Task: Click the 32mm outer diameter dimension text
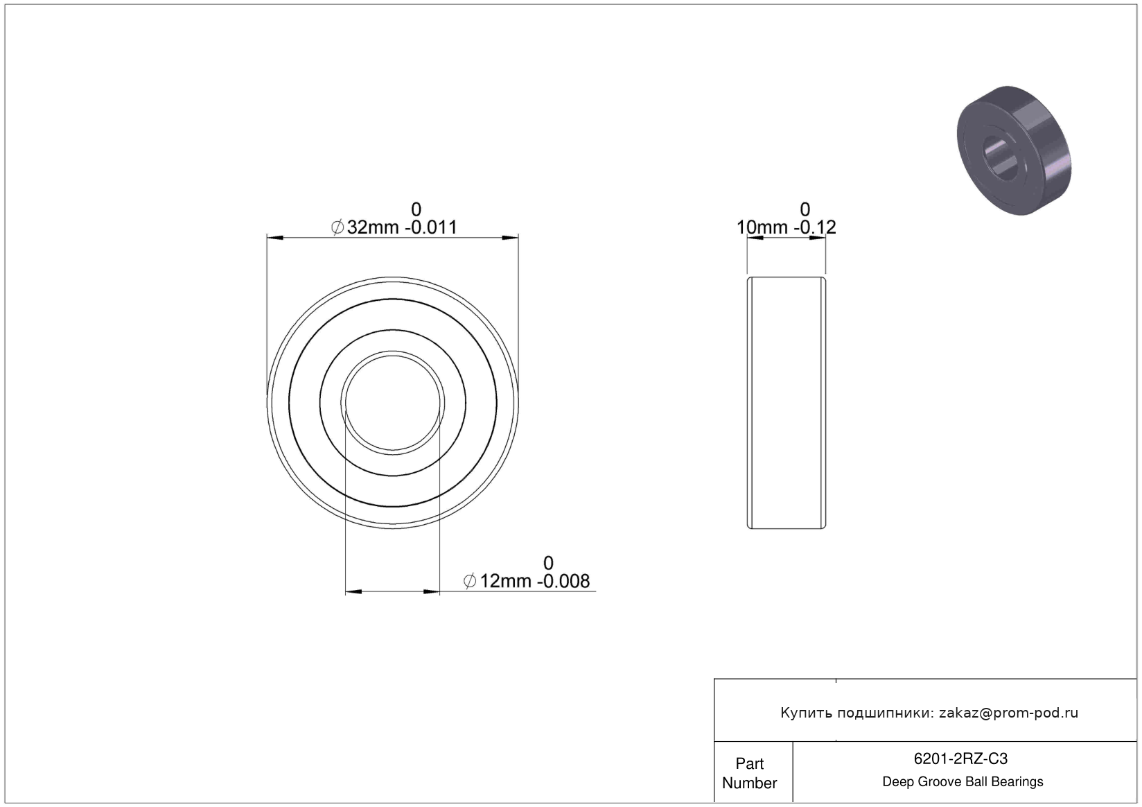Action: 373,227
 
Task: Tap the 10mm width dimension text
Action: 762,227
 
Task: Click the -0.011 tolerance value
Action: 431,227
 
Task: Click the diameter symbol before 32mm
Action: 337,227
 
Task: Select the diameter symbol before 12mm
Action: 470,581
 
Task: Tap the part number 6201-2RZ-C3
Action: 960,759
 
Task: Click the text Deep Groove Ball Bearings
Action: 963,781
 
